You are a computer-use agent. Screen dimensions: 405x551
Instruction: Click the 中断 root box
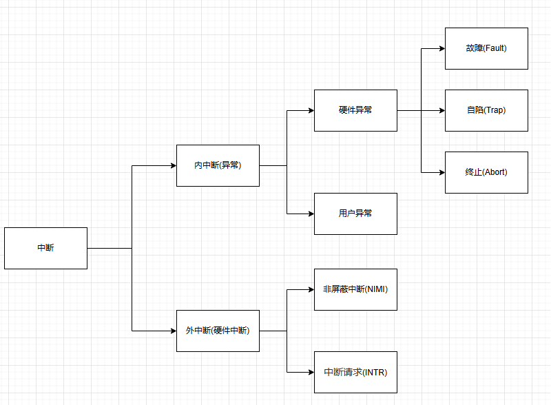(x=45, y=248)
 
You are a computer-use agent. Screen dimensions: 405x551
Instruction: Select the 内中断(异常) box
(x=218, y=165)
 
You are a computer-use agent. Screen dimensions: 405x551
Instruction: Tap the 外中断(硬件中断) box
(x=218, y=331)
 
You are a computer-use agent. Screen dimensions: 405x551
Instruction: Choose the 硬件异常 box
(x=355, y=110)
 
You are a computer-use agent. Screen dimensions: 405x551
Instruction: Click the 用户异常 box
(x=355, y=214)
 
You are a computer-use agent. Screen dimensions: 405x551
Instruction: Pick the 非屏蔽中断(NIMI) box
(x=355, y=289)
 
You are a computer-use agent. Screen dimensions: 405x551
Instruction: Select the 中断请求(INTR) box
(x=355, y=372)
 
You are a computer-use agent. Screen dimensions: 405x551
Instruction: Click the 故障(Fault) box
(x=486, y=48)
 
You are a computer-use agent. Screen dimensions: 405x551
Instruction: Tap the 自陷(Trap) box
(x=486, y=110)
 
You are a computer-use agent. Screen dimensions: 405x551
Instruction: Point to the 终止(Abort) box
(x=486, y=172)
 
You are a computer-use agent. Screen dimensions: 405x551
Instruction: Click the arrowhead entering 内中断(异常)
(x=173, y=165)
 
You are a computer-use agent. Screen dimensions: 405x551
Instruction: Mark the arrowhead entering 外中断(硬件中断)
(x=173, y=331)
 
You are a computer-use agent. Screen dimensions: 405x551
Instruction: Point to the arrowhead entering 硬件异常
(x=311, y=110)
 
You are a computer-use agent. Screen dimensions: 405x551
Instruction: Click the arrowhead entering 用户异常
(x=311, y=214)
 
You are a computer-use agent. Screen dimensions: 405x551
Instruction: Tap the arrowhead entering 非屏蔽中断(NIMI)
(x=311, y=289)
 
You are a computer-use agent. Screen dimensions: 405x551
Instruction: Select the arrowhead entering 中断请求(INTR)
(x=311, y=372)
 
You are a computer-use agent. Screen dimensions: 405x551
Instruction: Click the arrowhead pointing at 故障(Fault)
(x=441, y=48)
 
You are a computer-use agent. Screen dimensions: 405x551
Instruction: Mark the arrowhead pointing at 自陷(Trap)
(x=441, y=110)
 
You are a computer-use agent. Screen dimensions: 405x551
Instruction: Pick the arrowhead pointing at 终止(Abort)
(x=441, y=172)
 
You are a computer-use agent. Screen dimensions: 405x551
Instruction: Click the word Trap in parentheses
(x=495, y=110)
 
